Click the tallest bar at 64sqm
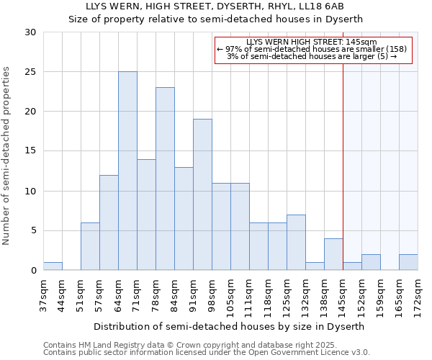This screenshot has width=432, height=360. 127,171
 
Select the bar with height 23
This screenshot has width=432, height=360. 165,179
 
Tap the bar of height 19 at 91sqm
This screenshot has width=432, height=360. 202,194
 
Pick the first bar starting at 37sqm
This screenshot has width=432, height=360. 53,266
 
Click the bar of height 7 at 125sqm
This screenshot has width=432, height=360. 296,242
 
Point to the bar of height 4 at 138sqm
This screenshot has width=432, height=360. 333,254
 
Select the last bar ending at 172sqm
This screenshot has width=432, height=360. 408,262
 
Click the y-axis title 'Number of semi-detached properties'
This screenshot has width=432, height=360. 8,155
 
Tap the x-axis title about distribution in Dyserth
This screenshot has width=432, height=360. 230,326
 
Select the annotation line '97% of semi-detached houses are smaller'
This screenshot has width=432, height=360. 312,49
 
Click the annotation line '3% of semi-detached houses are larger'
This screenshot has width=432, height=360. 312,56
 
